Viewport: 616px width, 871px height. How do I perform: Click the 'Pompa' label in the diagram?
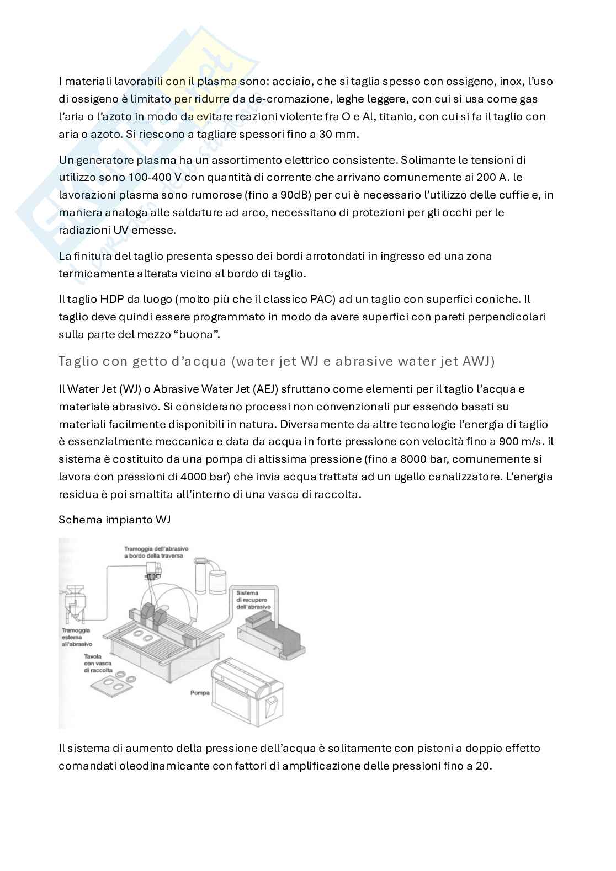pos(199,692)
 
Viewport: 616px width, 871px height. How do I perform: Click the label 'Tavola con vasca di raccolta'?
pos(98,664)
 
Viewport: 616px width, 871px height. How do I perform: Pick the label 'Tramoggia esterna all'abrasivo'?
pos(77,637)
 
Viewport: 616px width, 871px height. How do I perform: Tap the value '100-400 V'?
pos(151,177)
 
